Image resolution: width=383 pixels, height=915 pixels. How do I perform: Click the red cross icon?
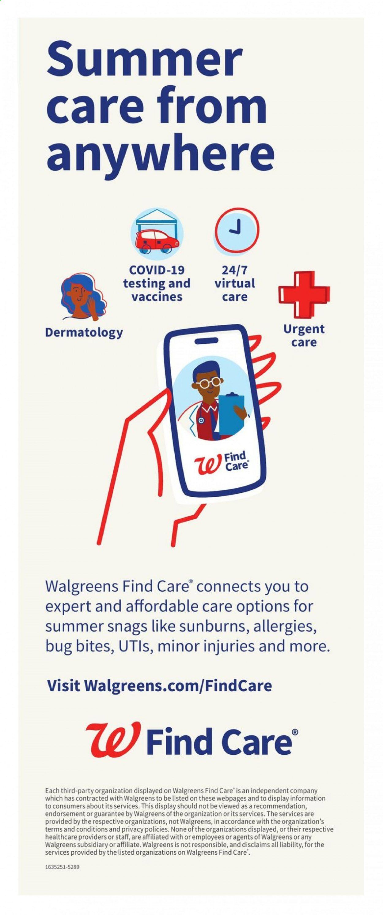[304, 294]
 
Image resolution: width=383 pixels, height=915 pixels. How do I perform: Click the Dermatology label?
[84, 333]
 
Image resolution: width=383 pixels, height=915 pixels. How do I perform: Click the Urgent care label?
[304, 336]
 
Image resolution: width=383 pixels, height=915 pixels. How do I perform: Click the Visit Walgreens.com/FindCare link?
[160, 685]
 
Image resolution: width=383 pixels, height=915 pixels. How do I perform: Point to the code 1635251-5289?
[62, 867]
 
